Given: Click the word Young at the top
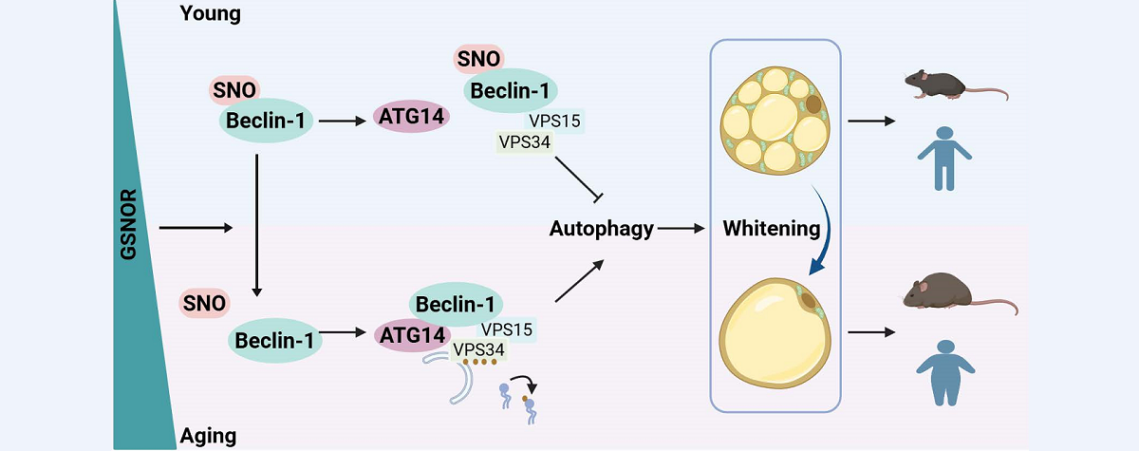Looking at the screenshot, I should [210, 14].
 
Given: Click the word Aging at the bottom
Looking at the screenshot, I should [208, 437].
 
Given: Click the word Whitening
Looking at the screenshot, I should [771, 229].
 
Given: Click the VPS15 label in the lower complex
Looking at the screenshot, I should [506, 329].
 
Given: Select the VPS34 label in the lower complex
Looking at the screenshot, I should [479, 349].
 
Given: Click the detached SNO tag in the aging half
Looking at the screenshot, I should [203, 304].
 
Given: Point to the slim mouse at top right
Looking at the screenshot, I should [941, 84].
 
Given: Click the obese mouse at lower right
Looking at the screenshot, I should [949, 294].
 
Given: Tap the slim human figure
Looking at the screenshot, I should [935, 157].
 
